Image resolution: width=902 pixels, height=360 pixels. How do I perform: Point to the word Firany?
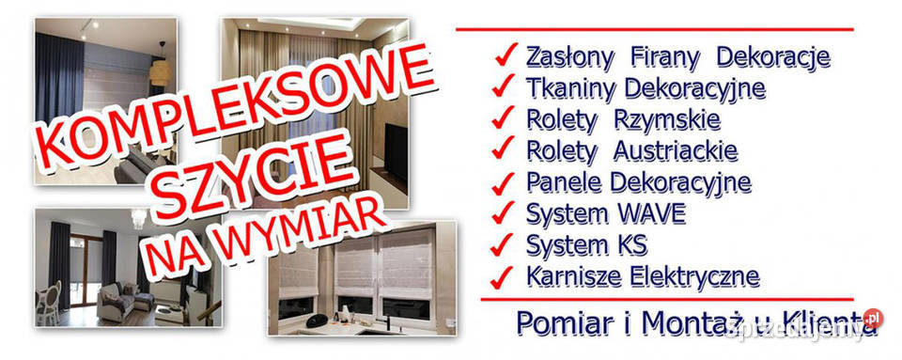661,57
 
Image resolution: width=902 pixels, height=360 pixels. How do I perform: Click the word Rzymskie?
667,119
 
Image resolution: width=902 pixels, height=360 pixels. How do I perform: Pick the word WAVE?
649,213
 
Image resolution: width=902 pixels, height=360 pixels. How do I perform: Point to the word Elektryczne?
680,276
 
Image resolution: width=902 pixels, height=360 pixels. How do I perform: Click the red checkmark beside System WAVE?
504,212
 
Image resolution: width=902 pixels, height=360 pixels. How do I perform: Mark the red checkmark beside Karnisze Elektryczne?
504,275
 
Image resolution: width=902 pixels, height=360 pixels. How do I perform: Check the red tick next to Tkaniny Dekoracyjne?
504,88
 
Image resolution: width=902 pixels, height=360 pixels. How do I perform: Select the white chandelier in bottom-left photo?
140,219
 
